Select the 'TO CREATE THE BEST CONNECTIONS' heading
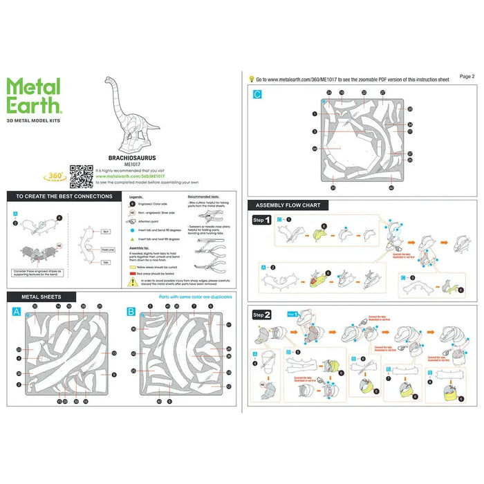click(x=64, y=196)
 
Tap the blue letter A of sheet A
click(x=16, y=312)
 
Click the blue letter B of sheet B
click(x=131, y=312)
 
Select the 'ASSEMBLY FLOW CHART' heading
click(x=287, y=205)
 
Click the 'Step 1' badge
click(x=261, y=220)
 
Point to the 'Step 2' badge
click(x=261, y=313)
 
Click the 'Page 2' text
click(x=467, y=76)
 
